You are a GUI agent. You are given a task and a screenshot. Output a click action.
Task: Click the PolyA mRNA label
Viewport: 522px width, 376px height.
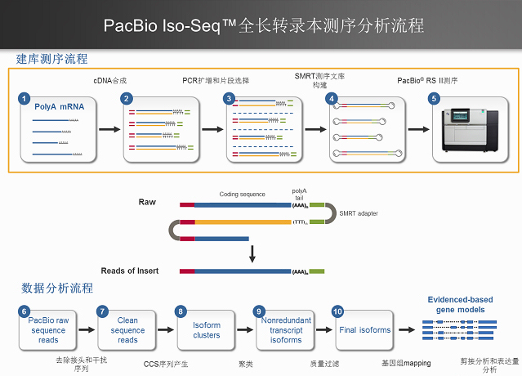(59, 106)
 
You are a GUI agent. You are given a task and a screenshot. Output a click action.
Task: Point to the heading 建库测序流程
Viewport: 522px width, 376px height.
(51, 60)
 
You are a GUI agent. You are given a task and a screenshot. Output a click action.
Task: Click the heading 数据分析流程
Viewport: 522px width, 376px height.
(57, 288)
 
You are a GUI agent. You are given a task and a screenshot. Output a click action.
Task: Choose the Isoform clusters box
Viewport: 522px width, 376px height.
(206, 330)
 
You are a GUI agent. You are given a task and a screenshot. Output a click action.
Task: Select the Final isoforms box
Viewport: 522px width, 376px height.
(364, 330)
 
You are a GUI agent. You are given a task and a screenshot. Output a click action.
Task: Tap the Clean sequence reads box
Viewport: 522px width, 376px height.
(128, 330)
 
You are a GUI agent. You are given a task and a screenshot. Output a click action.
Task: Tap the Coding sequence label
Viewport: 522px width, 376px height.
(242, 195)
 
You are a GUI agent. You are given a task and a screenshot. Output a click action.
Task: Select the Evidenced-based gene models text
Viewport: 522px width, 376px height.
(462, 305)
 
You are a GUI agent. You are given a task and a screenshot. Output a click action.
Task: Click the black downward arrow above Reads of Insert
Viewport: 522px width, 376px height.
(252, 251)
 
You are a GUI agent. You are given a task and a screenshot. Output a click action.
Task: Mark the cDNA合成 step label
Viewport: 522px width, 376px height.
(109, 81)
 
